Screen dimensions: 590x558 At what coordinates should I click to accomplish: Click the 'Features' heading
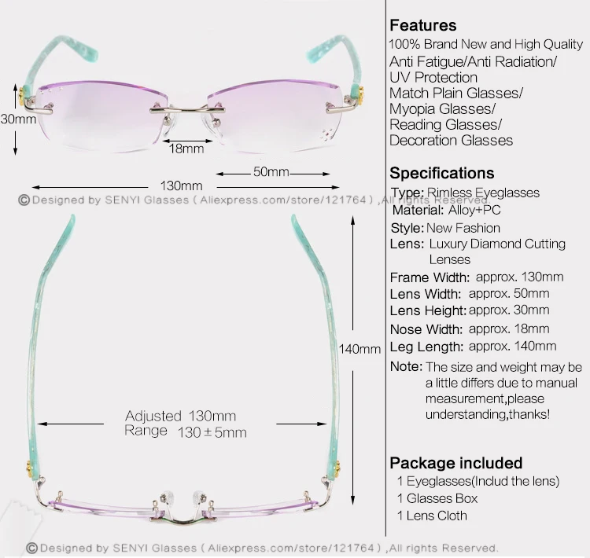click(422, 25)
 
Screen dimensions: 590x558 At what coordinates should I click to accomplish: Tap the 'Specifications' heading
click(442, 173)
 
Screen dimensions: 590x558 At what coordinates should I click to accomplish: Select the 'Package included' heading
click(456, 462)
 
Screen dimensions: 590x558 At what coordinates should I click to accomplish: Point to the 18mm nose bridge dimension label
click(186, 148)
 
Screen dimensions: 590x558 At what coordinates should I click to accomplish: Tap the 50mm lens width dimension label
click(271, 171)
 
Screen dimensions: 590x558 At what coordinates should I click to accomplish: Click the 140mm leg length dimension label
click(359, 349)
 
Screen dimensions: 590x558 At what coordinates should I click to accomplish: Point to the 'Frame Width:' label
click(430, 277)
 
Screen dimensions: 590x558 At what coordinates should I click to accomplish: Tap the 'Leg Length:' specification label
click(426, 347)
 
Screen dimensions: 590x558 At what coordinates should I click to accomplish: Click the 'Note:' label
click(406, 367)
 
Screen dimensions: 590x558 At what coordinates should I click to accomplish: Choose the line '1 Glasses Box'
click(437, 498)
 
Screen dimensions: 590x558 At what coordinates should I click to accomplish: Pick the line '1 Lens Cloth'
click(431, 516)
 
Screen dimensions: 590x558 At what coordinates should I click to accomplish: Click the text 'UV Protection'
click(433, 77)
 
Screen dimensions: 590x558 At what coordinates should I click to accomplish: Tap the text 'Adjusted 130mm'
click(180, 416)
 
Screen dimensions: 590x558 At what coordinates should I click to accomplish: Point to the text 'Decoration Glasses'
click(451, 141)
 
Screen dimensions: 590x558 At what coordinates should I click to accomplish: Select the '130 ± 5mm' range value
click(212, 432)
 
